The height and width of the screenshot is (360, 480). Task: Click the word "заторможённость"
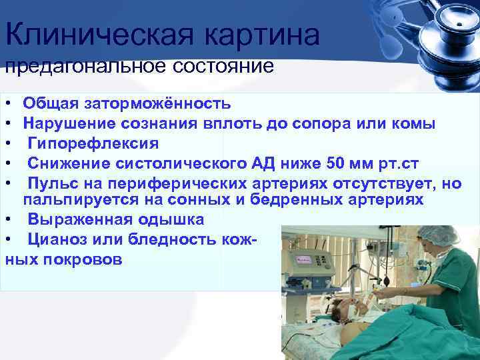pos(155,103)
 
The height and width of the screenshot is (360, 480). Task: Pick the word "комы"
pos(418,123)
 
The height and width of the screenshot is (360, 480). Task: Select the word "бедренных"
pos(282,199)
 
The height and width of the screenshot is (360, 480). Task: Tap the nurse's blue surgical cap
pos(438,235)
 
